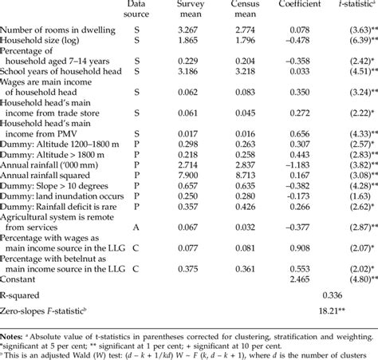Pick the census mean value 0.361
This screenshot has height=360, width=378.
coord(229,269)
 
